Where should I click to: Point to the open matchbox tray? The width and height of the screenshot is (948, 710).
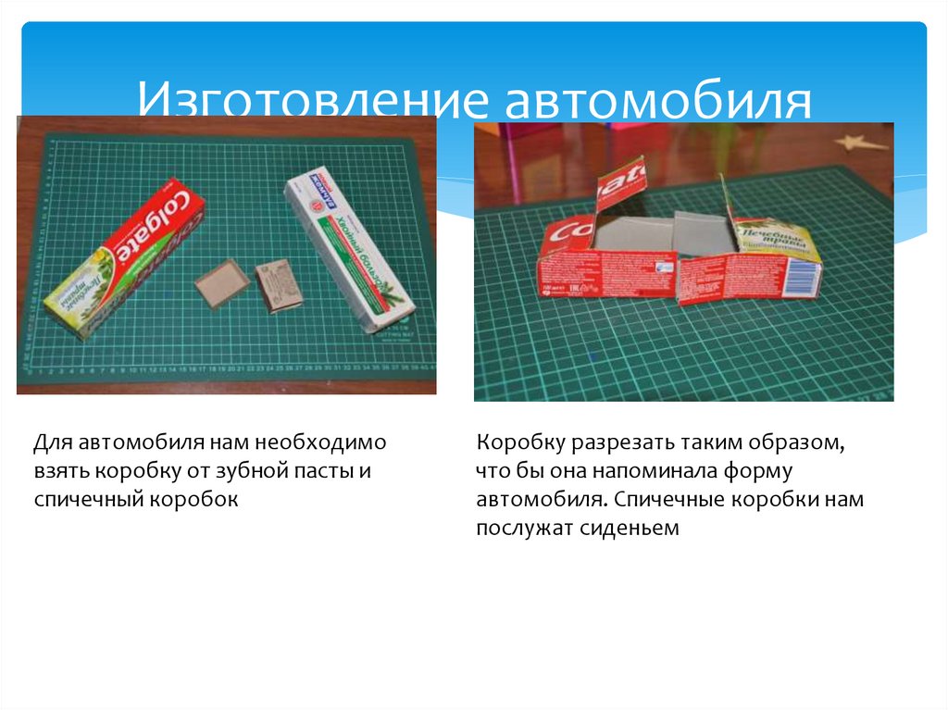click(x=222, y=283)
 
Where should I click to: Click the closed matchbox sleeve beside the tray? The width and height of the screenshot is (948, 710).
click(x=278, y=285)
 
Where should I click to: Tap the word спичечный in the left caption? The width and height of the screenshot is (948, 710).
click(x=83, y=500)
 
